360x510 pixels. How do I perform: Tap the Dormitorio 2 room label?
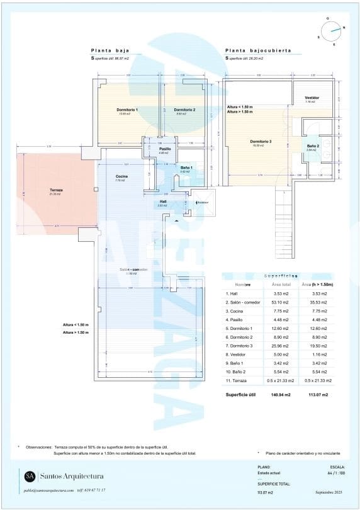tap(184, 110)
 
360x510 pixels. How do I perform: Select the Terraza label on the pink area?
tap(57, 190)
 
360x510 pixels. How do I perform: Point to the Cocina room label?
tap(121, 176)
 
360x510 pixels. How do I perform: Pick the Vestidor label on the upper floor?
tap(312, 98)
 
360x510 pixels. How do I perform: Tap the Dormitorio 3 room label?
tap(260, 141)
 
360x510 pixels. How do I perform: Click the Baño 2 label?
tap(313, 146)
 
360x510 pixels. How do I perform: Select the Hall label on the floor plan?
tap(163, 201)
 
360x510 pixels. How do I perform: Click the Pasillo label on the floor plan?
tap(164, 149)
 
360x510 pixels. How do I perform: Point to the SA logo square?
tap(29, 476)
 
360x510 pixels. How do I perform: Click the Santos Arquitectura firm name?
tap(72, 476)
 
